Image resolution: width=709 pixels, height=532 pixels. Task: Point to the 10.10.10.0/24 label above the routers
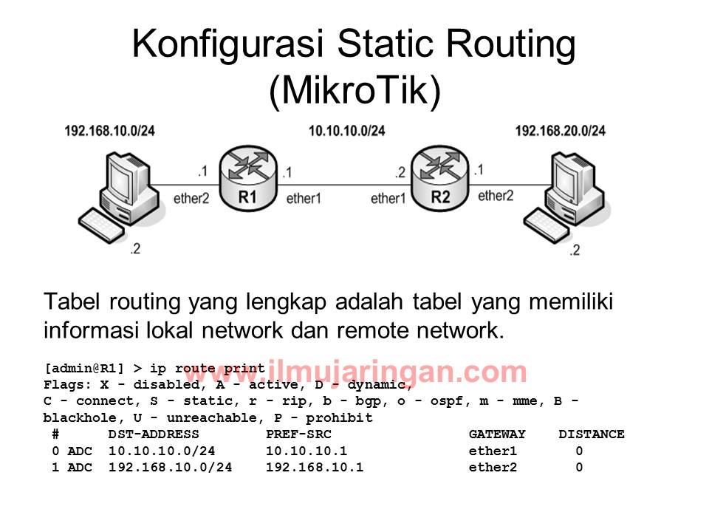point(347,131)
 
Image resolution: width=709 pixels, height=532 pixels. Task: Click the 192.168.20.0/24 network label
point(561,131)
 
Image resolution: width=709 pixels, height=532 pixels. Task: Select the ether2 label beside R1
point(191,198)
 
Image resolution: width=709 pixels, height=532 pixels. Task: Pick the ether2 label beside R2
point(496,196)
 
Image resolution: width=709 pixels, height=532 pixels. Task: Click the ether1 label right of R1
point(304,198)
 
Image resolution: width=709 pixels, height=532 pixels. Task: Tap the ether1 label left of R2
point(388,198)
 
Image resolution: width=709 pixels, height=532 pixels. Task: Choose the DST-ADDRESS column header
point(154,434)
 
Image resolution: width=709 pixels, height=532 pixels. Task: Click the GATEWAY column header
point(497,434)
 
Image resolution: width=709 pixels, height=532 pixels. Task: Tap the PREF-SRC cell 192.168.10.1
point(315,467)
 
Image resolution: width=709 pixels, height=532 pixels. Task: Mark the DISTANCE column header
point(591,434)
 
